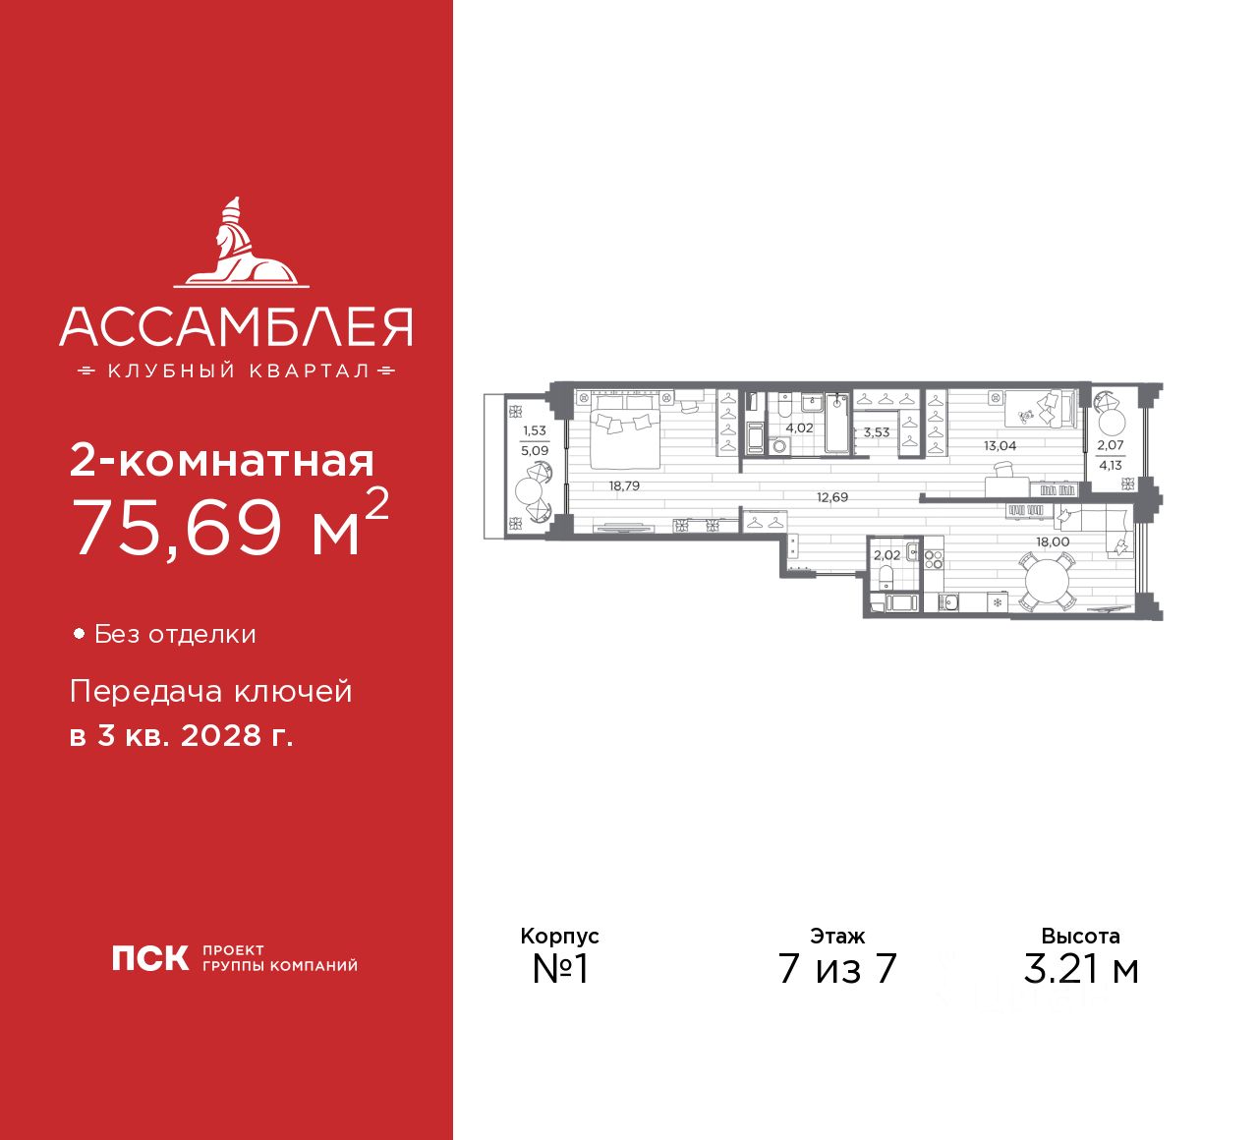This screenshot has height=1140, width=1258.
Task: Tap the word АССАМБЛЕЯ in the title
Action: [x=236, y=326]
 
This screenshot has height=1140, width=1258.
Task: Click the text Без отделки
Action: [x=175, y=635]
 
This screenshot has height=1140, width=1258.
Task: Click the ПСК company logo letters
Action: [x=149, y=958]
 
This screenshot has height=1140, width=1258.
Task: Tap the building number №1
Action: [x=560, y=969]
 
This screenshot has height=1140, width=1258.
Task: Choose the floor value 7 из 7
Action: [x=837, y=969]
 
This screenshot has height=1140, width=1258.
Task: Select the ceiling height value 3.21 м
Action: [x=1080, y=969]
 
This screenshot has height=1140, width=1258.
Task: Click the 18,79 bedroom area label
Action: [x=624, y=485]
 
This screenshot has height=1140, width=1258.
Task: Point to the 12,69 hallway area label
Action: [x=831, y=497]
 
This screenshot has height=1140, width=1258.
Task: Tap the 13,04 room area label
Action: [x=1001, y=445]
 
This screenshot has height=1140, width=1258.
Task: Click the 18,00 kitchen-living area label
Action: [x=1053, y=541]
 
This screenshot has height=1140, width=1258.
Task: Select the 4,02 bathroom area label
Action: [x=799, y=428]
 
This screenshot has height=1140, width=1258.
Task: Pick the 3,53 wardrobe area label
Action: [x=876, y=431]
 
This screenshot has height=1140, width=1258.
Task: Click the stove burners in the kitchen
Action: [x=933, y=559]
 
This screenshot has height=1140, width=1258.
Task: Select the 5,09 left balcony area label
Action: [x=535, y=451]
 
